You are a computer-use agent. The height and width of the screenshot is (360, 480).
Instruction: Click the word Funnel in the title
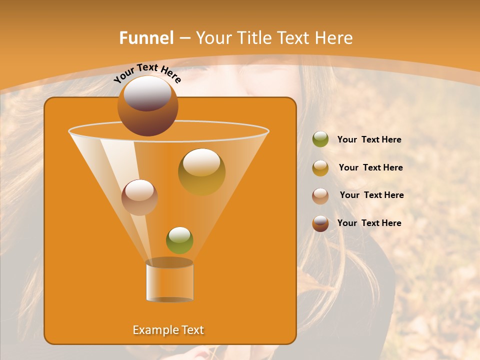click(146, 38)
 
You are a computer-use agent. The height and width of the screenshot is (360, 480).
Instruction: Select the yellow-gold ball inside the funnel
click(201, 172)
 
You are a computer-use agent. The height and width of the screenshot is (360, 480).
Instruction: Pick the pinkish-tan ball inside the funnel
click(139, 197)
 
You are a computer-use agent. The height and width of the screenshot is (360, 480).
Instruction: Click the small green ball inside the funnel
click(179, 240)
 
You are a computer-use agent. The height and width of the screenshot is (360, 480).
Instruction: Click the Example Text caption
click(168, 330)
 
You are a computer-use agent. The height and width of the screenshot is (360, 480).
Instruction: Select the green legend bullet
click(320, 139)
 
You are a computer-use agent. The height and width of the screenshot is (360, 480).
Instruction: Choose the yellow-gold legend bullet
click(320, 168)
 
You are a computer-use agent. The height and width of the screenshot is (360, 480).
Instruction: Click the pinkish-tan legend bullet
click(320, 195)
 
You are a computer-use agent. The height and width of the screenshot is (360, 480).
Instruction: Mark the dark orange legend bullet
click(320, 223)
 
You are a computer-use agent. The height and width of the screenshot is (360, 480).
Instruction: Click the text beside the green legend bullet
click(369, 140)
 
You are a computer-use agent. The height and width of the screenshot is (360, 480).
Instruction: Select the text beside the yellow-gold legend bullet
click(370, 168)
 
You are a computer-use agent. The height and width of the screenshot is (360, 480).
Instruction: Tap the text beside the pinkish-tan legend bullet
click(371, 195)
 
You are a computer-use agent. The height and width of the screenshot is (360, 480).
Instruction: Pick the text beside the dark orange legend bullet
click(369, 223)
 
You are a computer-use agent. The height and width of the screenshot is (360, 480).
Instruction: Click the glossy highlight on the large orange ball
click(147, 93)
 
